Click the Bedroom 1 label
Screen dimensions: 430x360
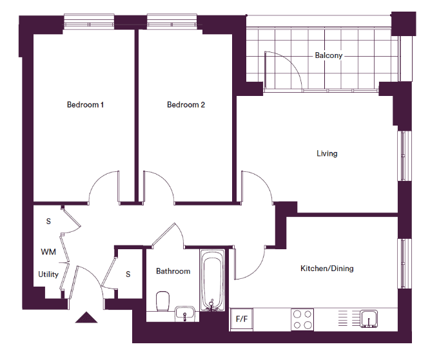click(x=85, y=105)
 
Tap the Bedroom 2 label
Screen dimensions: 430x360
click(x=186, y=105)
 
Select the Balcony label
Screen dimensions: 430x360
click(x=329, y=55)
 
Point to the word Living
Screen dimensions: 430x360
click(x=327, y=153)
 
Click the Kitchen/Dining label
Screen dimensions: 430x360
click(x=327, y=269)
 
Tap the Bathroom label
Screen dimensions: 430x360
click(x=173, y=271)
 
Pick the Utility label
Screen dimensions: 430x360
click(x=48, y=274)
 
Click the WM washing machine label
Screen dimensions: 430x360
click(x=48, y=252)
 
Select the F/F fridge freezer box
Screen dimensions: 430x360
click(x=242, y=319)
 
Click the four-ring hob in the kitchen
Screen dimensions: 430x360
click(x=302, y=319)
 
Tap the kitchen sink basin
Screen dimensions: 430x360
click(x=369, y=319)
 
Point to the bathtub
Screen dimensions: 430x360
click(x=212, y=280)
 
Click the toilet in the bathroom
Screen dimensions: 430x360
click(x=162, y=301)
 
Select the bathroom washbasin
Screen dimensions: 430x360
click(x=185, y=314)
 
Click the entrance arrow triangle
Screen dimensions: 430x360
click(x=86, y=317)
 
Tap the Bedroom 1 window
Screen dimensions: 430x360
click(x=89, y=21)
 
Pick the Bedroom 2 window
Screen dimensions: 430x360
click(x=172, y=21)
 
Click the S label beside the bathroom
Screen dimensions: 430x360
click(x=128, y=274)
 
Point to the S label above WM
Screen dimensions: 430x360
click(x=48, y=222)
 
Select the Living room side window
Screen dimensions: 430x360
click(x=405, y=156)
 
